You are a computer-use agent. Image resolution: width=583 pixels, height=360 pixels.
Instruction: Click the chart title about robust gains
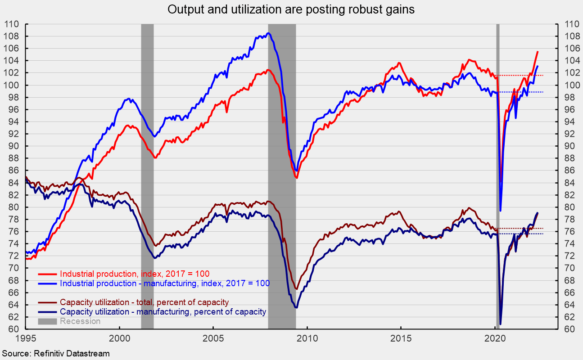tap(291, 9)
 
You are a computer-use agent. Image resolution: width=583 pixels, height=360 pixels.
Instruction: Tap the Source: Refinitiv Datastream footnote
tap(55, 354)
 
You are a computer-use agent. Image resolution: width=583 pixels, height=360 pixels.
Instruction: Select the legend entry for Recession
tap(80, 321)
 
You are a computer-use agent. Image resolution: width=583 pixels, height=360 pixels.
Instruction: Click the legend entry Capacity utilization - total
tap(144, 302)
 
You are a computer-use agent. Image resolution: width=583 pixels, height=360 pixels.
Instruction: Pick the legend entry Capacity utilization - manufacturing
tap(163, 311)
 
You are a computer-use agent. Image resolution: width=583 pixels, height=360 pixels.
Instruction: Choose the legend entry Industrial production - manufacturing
tap(164, 283)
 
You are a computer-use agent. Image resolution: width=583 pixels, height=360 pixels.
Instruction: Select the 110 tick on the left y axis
tap(12, 24)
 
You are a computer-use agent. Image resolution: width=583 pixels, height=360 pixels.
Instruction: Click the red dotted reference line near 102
tap(522, 75)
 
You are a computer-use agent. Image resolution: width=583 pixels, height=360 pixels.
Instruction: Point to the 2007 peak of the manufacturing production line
tap(268, 33)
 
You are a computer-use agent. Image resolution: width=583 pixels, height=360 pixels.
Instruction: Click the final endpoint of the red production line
tap(538, 52)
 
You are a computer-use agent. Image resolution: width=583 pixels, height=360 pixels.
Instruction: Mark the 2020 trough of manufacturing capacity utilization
tap(501, 324)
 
